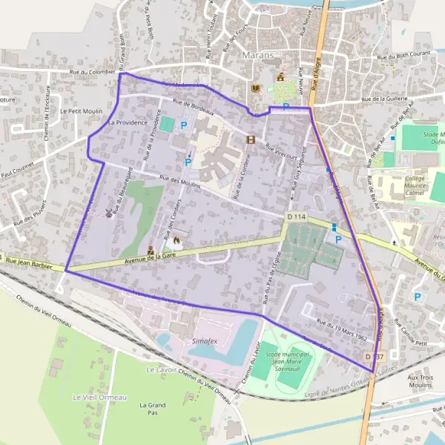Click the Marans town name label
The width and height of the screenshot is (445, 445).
(x=257, y=55)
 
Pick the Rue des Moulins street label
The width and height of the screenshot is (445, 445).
(x=179, y=182)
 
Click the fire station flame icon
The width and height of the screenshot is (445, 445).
(x=177, y=242)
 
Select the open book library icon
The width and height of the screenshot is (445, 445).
(x=256, y=90)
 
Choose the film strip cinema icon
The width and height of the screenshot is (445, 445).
(x=251, y=139)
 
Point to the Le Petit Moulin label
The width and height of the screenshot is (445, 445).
(x=75, y=111)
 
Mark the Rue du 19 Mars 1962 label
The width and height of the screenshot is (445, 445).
(x=342, y=328)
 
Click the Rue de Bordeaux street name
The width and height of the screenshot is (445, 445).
(x=193, y=108)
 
